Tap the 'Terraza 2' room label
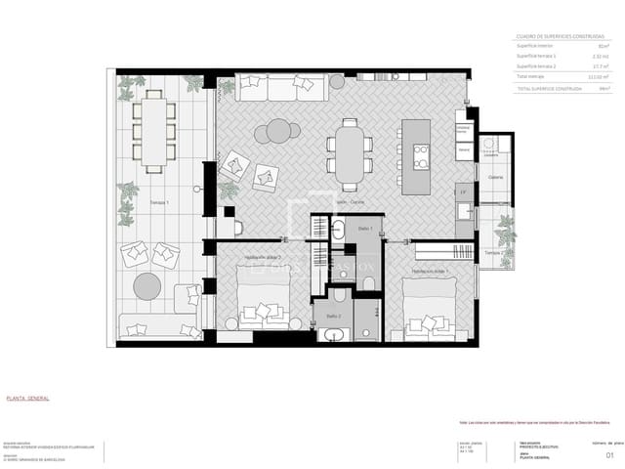click(x=494, y=252)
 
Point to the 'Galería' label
click(x=496, y=177)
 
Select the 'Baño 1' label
click(x=365, y=227)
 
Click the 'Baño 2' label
click(x=333, y=317)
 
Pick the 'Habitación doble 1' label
click(x=427, y=271)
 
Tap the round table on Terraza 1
click(x=147, y=286)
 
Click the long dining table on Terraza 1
click(x=154, y=131)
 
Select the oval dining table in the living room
click(x=350, y=153)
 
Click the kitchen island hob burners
click(x=422, y=156)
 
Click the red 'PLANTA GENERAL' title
click(x=28, y=399)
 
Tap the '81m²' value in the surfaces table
click(x=604, y=46)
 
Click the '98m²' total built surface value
click(x=604, y=88)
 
